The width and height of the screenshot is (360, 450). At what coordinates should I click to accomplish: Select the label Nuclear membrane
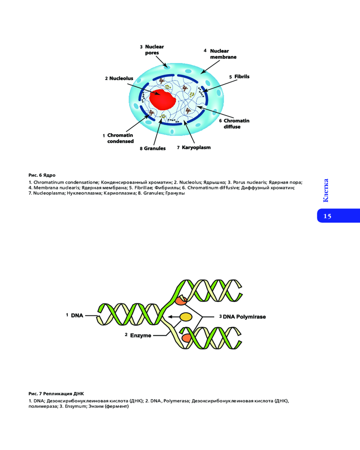[223, 54]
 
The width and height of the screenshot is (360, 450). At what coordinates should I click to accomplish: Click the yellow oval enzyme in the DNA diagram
[186, 317]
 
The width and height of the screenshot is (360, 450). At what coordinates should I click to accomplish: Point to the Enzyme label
[140, 335]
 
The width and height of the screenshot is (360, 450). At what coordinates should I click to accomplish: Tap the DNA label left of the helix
[77, 315]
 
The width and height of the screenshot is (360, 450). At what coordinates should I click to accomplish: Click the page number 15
[327, 216]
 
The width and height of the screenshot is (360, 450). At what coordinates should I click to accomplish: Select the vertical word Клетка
[326, 190]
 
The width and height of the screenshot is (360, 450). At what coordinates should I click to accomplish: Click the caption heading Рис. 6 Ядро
[42, 175]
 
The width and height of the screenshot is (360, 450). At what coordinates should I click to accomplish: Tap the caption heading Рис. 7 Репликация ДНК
[56, 393]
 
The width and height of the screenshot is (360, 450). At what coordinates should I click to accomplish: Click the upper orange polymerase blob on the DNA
[181, 301]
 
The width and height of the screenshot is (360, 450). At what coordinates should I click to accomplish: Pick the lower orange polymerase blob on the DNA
[186, 337]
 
